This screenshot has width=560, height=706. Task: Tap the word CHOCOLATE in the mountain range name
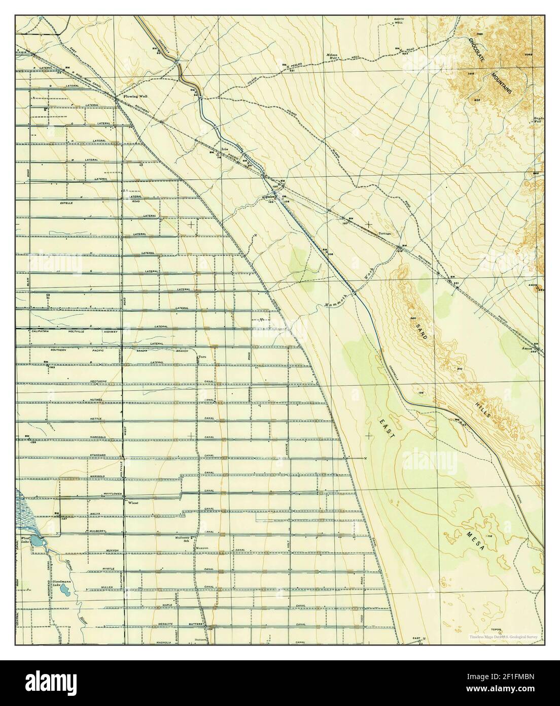tap(477, 50)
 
